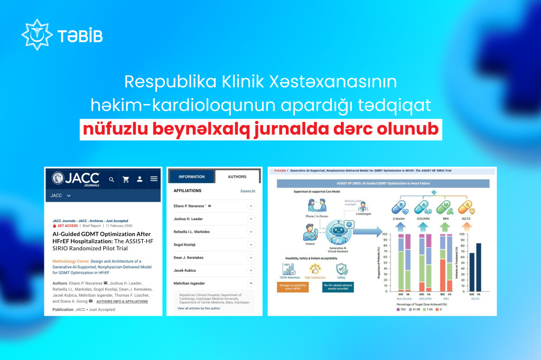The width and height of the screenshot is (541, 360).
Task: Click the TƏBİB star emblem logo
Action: point(36,35)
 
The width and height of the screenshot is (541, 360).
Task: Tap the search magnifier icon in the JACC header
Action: point(111,179)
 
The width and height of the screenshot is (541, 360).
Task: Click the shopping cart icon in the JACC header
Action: point(126,179)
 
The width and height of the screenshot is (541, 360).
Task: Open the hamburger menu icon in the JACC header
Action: point(154,179)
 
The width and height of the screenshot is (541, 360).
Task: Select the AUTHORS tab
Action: point(237,176)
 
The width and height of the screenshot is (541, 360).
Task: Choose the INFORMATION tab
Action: point(191,176)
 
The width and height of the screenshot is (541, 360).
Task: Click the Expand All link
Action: point(248,191)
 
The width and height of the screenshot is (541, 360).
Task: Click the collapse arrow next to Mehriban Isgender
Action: point(251,283)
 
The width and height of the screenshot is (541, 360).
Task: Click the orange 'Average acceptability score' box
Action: point(297,288)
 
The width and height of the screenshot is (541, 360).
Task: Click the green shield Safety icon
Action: point(341,269)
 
